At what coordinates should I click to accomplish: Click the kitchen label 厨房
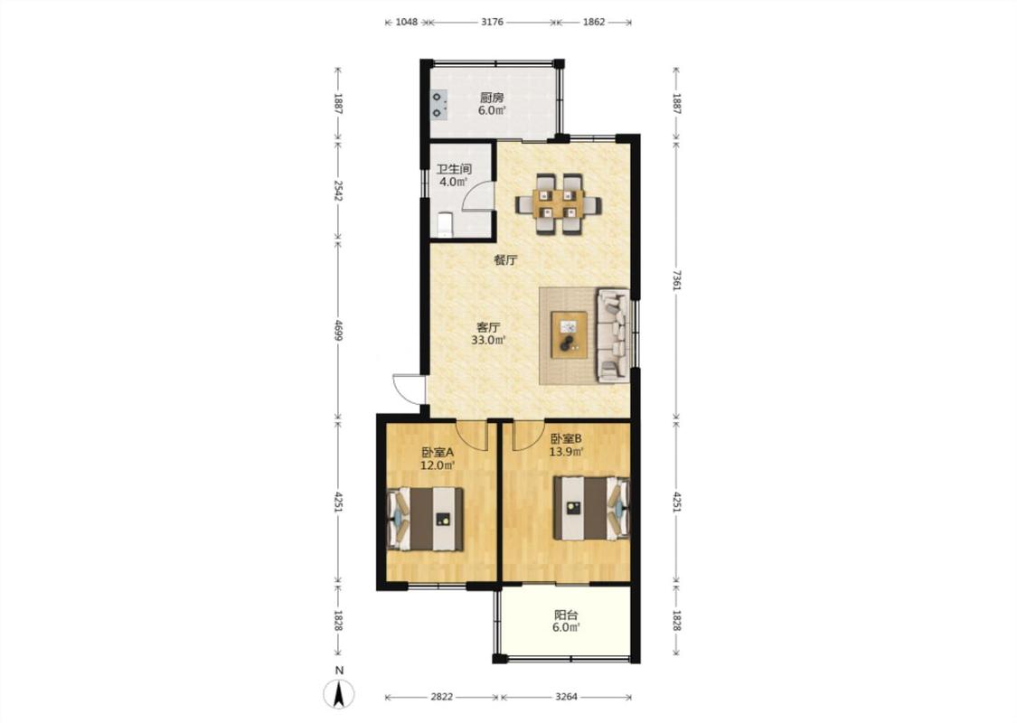click(492, 98)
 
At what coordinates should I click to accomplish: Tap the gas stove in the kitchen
click(439, 106)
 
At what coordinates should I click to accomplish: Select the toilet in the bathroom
click(445, 224)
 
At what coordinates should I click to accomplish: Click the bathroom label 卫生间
click(454, 169)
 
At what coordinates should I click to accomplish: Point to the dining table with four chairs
click(558, 203)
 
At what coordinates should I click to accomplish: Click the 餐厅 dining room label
click(505, 260)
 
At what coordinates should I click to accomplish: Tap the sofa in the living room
click(613, 334)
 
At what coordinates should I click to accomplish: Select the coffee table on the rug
click(570, 334)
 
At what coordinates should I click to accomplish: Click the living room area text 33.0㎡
click(488, 340)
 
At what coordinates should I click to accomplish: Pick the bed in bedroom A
click(426, 519)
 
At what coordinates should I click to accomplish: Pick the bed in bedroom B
click(591, 509)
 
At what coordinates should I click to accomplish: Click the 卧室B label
click(566, 438)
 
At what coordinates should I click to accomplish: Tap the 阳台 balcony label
click(566, 615)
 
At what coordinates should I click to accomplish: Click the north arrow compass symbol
click(339, 694)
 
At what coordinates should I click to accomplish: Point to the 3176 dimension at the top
click(493, 22)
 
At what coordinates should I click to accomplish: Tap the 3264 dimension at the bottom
click(566, 697)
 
